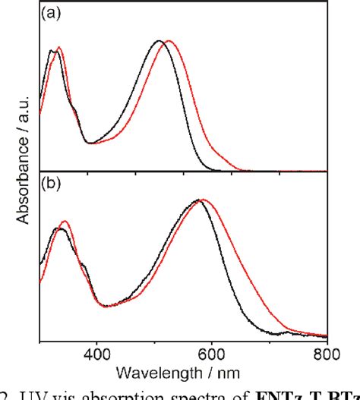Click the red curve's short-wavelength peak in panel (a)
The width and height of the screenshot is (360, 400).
(59, 48)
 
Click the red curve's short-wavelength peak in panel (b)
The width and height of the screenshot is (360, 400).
(65, 222)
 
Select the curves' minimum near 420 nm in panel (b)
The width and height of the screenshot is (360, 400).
(107, 306)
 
